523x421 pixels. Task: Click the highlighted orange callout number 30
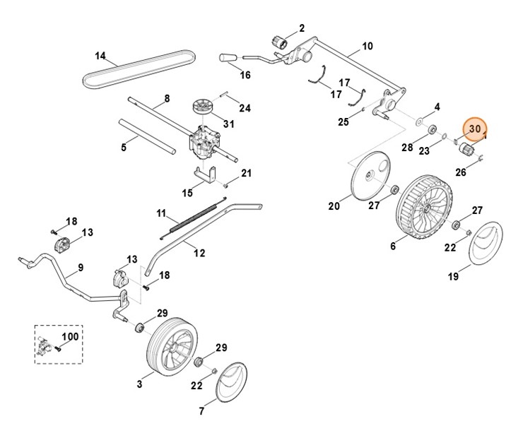coord(474,129)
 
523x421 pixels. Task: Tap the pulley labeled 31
coord(203,111)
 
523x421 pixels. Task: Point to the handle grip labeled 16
coord(228,56)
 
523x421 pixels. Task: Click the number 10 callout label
coord(366,47)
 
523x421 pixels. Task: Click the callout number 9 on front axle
coord(80,268)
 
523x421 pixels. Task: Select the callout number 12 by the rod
coord(199,252)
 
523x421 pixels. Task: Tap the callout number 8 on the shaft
coord(167,98)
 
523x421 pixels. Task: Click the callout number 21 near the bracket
coord(246,173)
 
